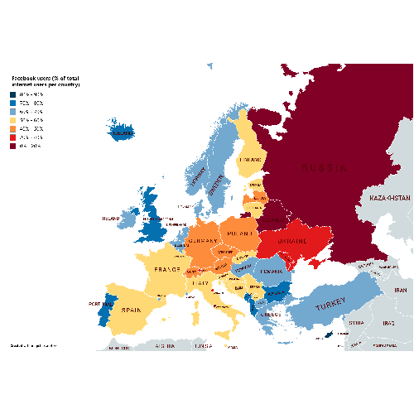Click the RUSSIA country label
pos(323,168)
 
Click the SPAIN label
pos(132,310)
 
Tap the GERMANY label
pos(203,241)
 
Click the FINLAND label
pos(251,160)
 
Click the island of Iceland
pos(122,132)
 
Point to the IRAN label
pos(401,291)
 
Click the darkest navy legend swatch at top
pos(13,94)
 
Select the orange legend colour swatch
pos(13,128)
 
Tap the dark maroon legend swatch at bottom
pos(13,146)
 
